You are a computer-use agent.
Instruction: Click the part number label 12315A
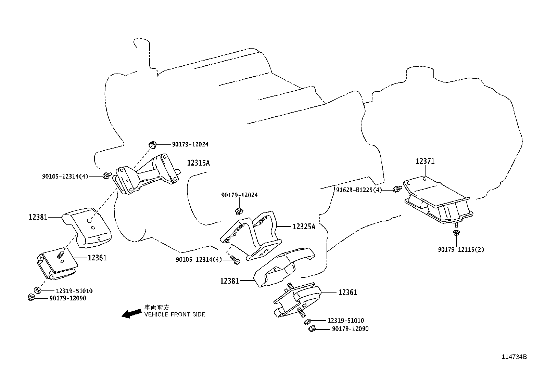[x=198, y=163]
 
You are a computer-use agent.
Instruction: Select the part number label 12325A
[x=304, y=226]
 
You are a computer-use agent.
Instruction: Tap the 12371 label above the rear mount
[x=425, y=161]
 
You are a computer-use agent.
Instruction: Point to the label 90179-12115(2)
[x=461, y=249]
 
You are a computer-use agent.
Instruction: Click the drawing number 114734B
[x=514, y=356]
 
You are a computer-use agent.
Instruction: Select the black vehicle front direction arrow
[x=131, y=313]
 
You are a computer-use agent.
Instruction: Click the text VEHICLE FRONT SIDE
[x=175, y=314]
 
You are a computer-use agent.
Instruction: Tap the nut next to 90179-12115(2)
[x=456, y=233]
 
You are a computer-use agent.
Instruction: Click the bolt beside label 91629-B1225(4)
[x=397, y=189]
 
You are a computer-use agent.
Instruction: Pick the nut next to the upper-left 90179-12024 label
[x=153, y=145]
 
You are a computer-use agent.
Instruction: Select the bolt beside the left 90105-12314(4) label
[x=107, y=176]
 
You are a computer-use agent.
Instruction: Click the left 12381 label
[x=38, y=217]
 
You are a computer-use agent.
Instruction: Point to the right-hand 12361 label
[x=347, y=292]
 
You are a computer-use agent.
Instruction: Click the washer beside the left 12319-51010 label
[x=37, y=290]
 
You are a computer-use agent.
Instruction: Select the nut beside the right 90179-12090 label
[x=312, y=329]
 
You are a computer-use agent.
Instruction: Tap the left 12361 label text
[x=97, y=258]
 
